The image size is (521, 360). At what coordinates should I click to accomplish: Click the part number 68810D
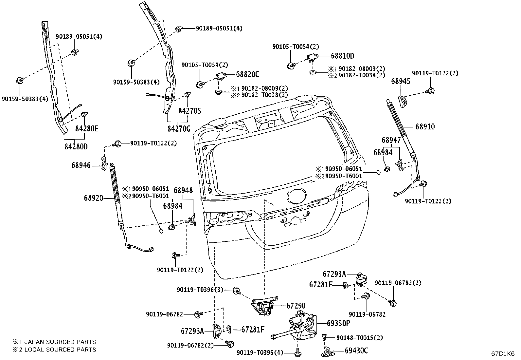point(343,56)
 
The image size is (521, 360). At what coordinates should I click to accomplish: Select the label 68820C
point(247,74)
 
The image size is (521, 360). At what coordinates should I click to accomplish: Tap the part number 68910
point(425,127)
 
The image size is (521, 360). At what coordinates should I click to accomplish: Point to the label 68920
point(94,198)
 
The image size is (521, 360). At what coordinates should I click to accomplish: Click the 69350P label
point(338,323)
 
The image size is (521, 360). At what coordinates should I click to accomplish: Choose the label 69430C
point(356,351)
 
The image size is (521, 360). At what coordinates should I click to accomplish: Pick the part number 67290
point(296,306)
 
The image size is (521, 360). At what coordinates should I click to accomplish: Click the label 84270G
point(179,128)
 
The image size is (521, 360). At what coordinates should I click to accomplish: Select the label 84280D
point(76,147)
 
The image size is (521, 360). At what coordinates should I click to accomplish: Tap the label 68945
point(401,81)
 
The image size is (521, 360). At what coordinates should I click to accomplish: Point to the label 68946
point(81,165)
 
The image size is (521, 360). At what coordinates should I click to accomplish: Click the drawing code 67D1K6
point(503,354)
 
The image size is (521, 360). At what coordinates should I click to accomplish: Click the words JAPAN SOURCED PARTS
point(60,342)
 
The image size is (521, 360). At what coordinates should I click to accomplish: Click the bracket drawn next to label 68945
point(403,101)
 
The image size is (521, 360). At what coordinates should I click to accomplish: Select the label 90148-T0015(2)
point(360,338)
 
